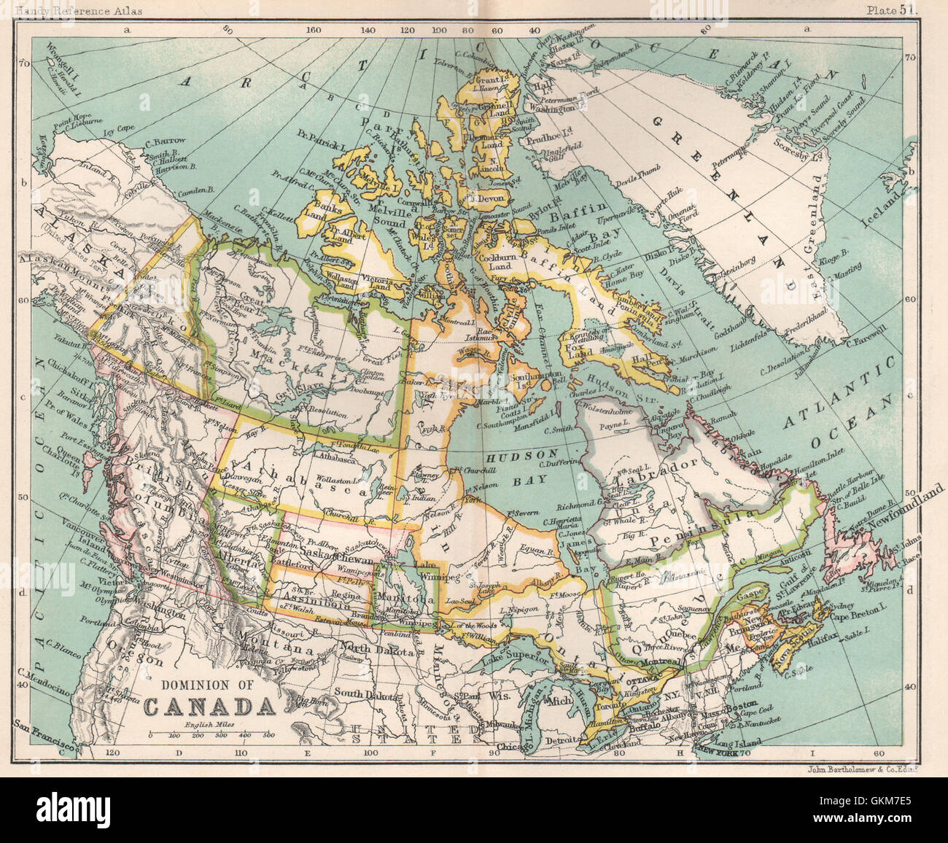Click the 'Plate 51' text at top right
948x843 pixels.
click(x=893, y=9)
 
